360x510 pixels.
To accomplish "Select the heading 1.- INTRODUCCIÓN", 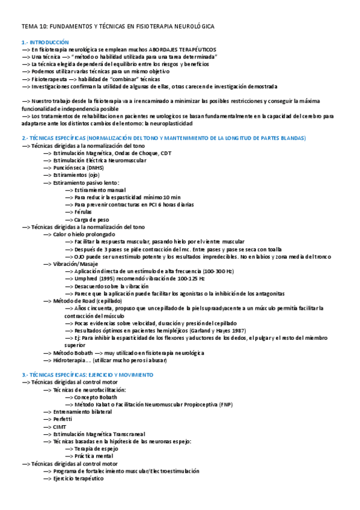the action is [45, 42].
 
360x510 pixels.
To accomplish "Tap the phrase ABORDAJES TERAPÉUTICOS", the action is [184, 49].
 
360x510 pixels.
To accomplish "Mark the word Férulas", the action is [84, 212].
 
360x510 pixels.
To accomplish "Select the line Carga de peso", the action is [91, 219].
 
